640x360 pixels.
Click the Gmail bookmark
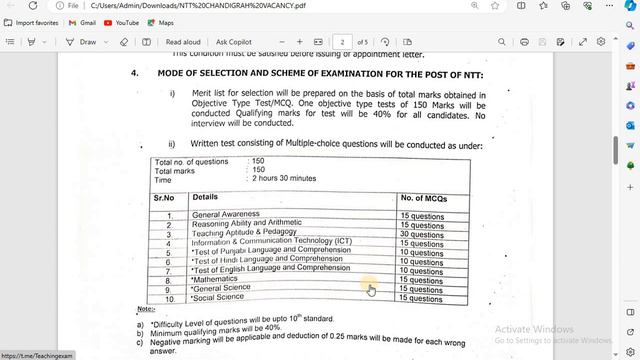click(83, 22)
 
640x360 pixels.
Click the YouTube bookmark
click(122, 22)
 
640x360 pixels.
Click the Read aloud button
click(182, 42)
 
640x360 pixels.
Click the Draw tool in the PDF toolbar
click(82, 42)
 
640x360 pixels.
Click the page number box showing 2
click(343, 42)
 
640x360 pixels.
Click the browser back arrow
click(9, 5)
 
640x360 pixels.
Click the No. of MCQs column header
click(423, 198)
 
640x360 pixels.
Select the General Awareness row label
click(226, 214)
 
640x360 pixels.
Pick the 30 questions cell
click(421, 234)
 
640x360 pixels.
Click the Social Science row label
click(217, 297)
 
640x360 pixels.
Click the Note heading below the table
click(145, 310)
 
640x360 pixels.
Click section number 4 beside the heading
click(134, 74)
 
